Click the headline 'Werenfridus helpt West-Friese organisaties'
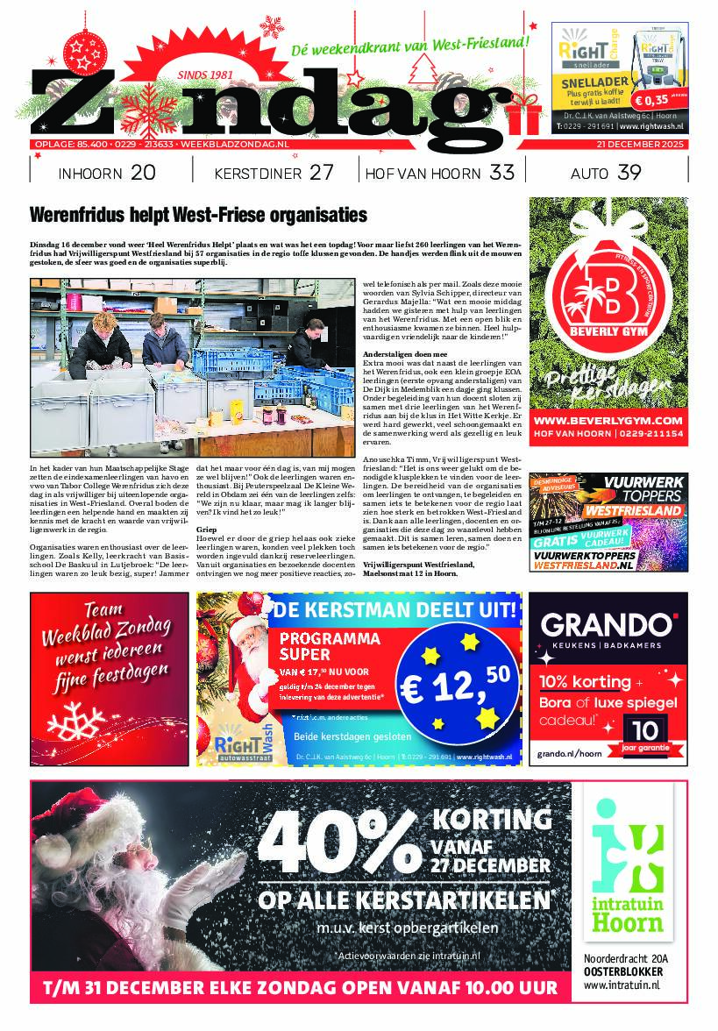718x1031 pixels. click(x=198, y=216)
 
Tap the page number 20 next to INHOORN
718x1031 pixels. click(x=142, y=173)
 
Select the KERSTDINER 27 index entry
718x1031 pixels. click(x=274, y=173)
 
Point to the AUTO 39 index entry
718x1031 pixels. click(x=605, y=173)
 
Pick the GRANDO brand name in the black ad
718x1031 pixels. click(x=608, y=624)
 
